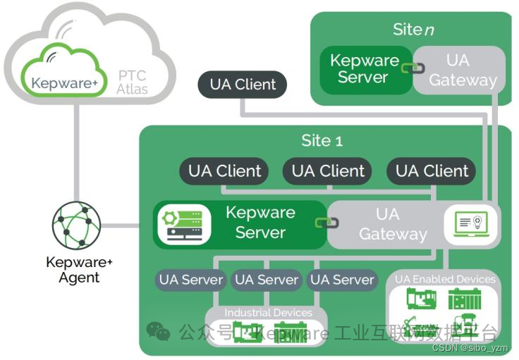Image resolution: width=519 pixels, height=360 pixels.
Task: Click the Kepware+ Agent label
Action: tap(79, 270)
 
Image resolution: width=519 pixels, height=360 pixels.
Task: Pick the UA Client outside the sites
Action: tap(243, 85)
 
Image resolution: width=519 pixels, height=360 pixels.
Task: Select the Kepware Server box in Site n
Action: tap(364, 70)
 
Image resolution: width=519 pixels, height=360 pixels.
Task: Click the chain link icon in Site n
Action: tap(411, 68)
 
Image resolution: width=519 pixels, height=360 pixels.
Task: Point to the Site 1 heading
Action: tap(322, 140)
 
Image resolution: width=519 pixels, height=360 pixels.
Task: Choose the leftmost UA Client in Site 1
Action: tap(224, 171)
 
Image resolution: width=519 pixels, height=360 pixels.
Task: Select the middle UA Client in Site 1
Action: tap(328, 171)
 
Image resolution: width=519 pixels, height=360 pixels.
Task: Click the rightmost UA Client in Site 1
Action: tap(432, 171)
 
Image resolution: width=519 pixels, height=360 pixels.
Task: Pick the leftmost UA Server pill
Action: tap(190, 280)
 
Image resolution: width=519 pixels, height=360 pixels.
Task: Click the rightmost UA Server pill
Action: tap(342, 280)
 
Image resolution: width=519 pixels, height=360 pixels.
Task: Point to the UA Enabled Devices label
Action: tap(445, 279)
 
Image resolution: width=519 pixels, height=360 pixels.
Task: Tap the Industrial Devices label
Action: tap(268, 312)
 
